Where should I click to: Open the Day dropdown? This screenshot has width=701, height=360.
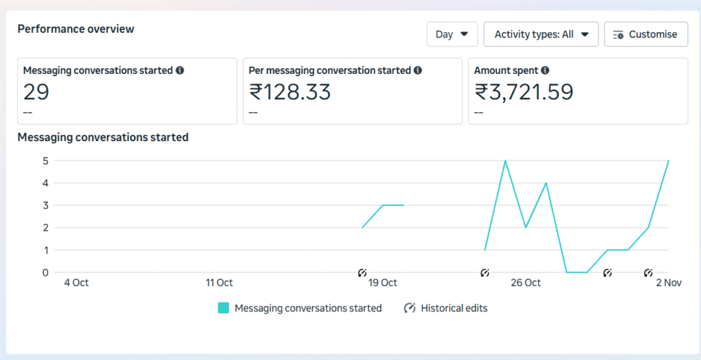451,34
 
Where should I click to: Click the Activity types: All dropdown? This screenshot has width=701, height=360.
541,34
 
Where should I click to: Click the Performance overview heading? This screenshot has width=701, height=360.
76,29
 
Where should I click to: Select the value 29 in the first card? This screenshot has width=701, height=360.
36,92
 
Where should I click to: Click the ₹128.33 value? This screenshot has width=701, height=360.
290,92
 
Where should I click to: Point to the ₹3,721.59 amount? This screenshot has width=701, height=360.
524,92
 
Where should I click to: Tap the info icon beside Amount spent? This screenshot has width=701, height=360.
545,70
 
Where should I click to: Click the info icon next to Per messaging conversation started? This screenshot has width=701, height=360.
418,70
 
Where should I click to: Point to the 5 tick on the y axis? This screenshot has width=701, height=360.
44,161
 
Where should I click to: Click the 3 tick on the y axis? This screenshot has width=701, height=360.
44,205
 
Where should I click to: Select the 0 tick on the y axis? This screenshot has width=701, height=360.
44,272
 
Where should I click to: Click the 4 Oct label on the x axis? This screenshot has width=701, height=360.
76,283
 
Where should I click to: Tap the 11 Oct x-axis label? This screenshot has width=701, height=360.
219,283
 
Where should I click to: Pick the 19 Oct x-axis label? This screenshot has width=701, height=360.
383,283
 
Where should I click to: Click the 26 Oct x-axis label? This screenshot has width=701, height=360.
526,283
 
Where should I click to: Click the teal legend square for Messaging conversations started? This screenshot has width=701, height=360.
223,308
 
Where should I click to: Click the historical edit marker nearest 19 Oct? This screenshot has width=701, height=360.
362,272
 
